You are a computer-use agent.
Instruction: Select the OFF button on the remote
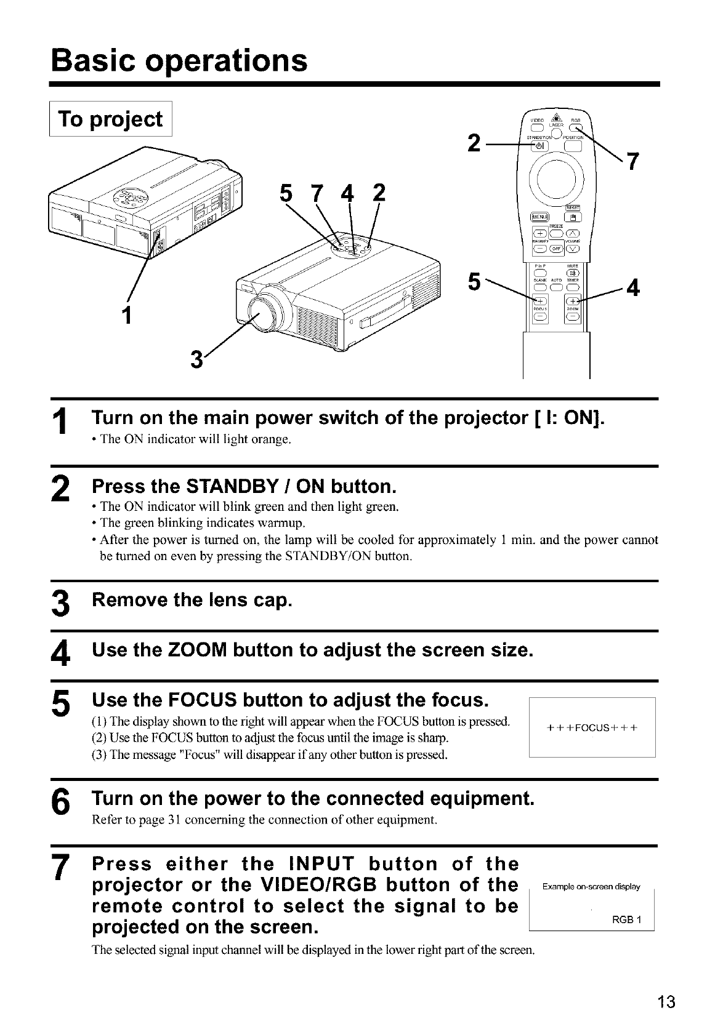pos(557,249)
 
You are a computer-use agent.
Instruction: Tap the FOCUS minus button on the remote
pos(540,317)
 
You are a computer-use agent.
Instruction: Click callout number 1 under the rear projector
pos(127,315)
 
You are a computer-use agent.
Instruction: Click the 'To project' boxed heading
pos(111,119)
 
